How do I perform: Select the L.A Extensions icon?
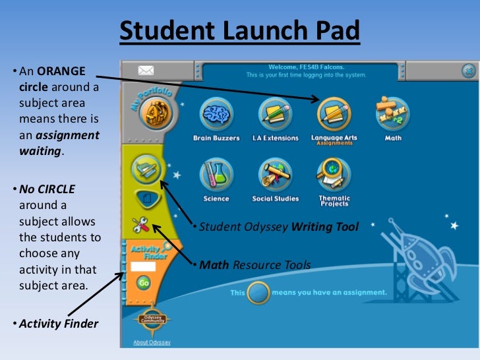275,114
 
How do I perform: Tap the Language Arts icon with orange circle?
334,113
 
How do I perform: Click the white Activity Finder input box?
143,267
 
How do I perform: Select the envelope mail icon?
145,70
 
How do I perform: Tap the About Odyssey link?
150,342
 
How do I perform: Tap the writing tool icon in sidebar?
145,169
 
